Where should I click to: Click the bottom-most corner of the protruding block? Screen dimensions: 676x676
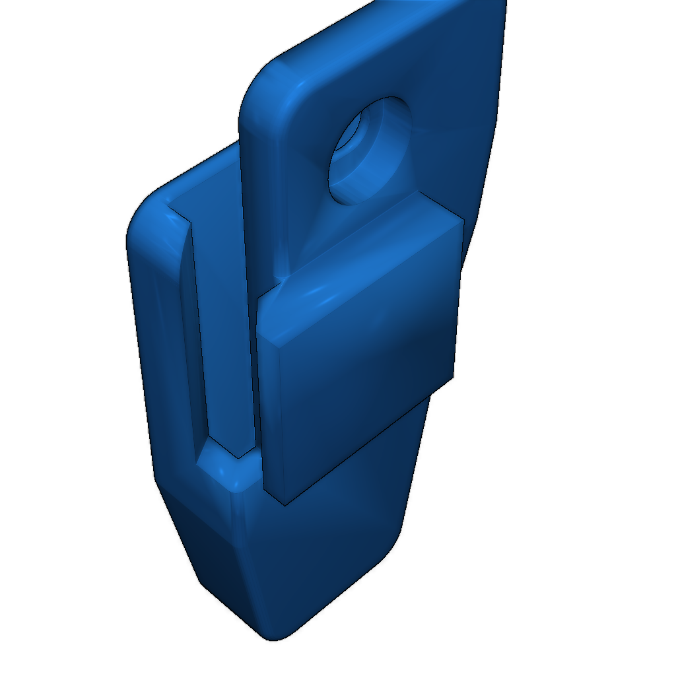(x=283, y=506)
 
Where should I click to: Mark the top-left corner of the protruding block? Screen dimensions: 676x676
(x=259, y=297)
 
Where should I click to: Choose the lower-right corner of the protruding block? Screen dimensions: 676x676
(x=454, y=378)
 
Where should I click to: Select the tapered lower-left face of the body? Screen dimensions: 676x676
(x=211, y=561)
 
